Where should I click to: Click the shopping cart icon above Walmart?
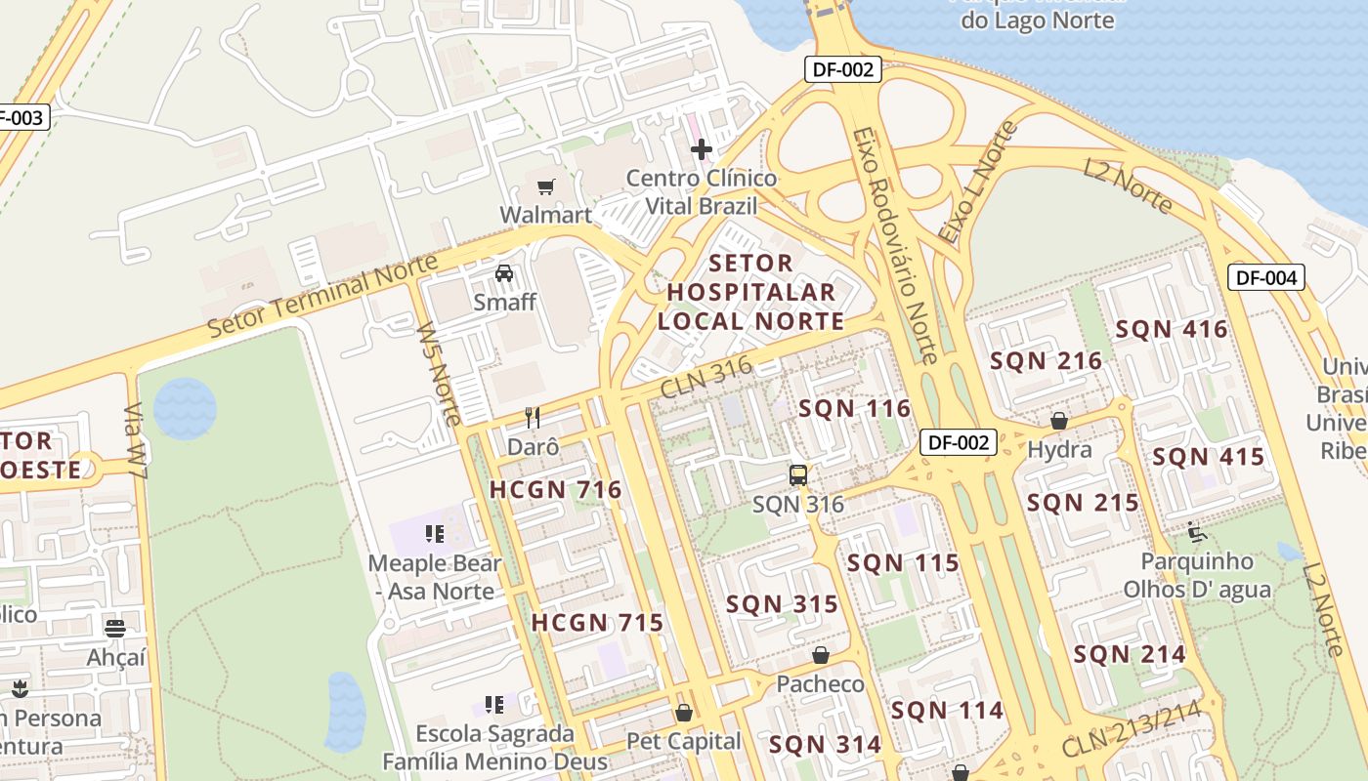(x=545, y=185)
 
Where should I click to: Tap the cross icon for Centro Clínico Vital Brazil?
(x=702, y=149)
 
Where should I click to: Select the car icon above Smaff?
(x=504, y=272)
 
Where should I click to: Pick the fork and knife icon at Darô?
(x=533, y=418)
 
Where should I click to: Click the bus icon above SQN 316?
(x=798, y=475)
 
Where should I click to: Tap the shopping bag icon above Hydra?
(x=1059, y=421)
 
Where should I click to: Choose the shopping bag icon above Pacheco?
(x=821, y=655)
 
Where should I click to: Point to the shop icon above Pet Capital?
(x=683, y=713)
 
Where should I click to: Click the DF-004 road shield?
(x=1265, y=277)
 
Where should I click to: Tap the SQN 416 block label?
(x=1172, y=329)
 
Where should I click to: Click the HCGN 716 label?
(x=555, y=490)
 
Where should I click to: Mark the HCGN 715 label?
(x=597, y=623)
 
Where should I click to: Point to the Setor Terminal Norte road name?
(x=323, y=295)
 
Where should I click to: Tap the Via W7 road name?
(x=136, y=440)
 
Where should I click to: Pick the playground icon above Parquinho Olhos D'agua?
(x=1197, y=532)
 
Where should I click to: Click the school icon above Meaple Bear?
(x=435, y=534)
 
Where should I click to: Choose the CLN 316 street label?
(x=705, y=376)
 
